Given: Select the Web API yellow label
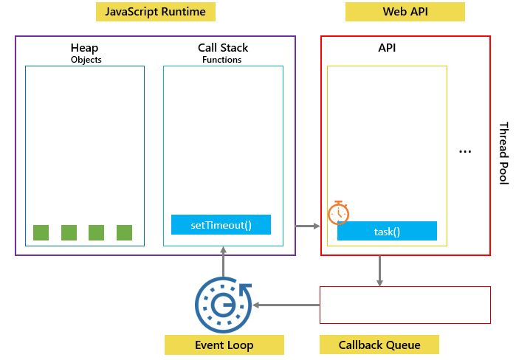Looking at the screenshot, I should click(405, 12).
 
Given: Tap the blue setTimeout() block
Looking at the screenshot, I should click(221, 224).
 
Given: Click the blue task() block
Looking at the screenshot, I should click(387, 231).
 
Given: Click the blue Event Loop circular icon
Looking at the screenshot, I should click(223, 305).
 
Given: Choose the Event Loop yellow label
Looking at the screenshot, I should click(224, 345).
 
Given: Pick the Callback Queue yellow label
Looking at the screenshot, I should click(379, 345).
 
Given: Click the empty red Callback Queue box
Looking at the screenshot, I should click(405, 305).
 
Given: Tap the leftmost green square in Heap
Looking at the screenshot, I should click(41, 232).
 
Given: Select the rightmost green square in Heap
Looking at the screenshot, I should click(124, 232).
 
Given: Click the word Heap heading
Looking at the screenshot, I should click(85, 48).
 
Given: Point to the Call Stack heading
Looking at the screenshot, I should click(222, 48).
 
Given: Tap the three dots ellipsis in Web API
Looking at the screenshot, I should click(465, 151).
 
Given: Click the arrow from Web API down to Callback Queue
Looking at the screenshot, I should click(379, 271).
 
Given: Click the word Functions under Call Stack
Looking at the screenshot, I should click(221, 60).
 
